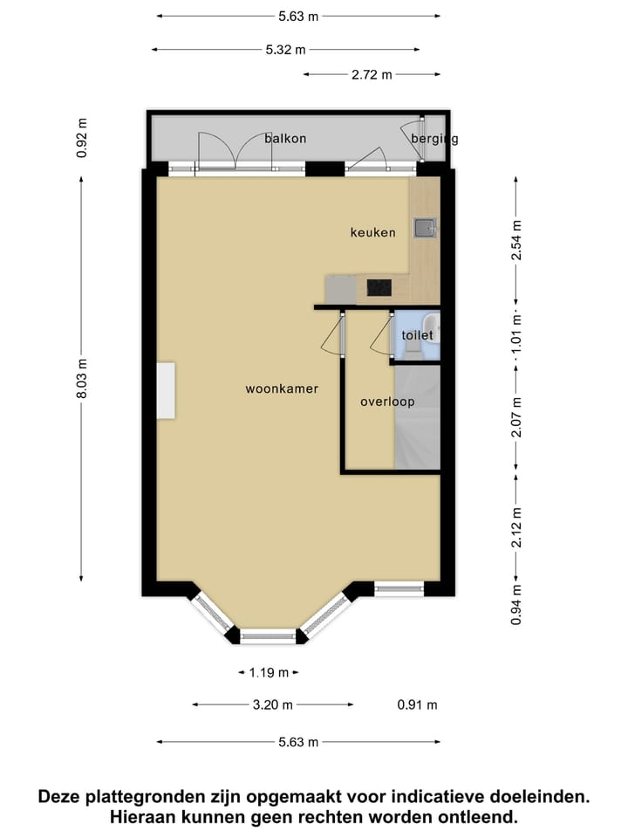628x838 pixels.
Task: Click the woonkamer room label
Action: [x=282, y=389]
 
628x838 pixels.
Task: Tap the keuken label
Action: [x=372, y=232]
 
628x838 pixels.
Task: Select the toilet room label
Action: [x=417, y=335]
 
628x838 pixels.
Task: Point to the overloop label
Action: [x=387, y=402]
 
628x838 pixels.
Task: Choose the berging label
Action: [x=433, y=138]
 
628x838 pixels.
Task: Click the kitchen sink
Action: [x=425, y=228]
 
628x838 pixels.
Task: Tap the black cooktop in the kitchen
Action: [x=379, y=287]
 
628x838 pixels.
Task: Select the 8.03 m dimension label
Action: [x=82, y=380]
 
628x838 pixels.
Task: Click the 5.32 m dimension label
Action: [x=285, y=50]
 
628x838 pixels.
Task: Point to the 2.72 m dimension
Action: [x=371, y=74]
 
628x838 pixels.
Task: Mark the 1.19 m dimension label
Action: [x=269, y=673]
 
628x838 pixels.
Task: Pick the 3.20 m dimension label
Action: [x=273, y=704]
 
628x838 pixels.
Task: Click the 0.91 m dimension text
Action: [x=417, y=704]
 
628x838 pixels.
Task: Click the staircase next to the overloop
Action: [x=417, y=417]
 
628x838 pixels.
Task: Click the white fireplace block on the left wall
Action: [x=166, y=390]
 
